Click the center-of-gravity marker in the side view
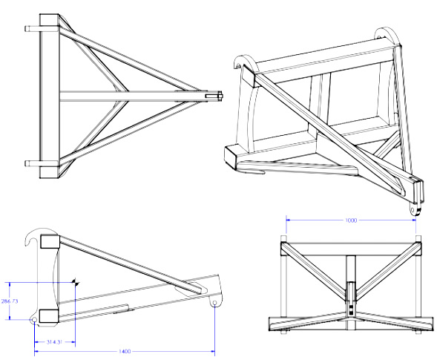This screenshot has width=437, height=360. (76, 283)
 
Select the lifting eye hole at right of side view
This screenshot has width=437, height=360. (214, 302)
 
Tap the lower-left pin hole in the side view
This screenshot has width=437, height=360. (34, 320)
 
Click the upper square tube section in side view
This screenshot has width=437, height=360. (50, 241)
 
